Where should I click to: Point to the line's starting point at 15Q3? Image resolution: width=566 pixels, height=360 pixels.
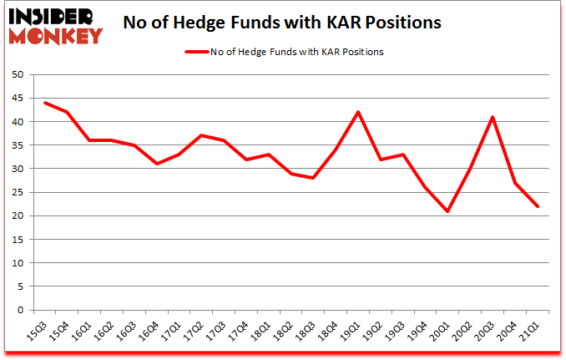tap(44, 103)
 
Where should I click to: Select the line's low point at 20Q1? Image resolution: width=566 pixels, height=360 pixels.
tap(449, 211)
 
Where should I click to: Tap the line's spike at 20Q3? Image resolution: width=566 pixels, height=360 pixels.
tap(493, 117)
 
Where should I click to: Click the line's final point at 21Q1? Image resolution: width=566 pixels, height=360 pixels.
tap(538, 206)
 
